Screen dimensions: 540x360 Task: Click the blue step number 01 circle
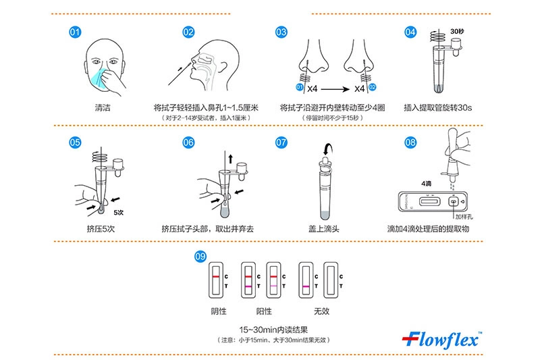click(x=75, y=32)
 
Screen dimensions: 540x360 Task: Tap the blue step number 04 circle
click(x=410, y=32)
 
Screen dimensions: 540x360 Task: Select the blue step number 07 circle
click(x=281, y=143)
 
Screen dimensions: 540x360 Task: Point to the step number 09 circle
click(x=200, y=256)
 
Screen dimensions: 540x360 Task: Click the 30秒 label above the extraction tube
click(x=457, y=31)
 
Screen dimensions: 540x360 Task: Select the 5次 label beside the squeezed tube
click(x=119, y=213)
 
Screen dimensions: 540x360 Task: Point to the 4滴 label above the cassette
click(x=427, y=184)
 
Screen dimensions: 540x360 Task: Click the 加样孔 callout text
click(x=464, y=217)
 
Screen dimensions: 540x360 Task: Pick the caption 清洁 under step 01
click(x=103, y=108)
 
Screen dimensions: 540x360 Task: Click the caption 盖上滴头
click(x=323, y=229)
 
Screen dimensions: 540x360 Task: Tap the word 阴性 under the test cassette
click(x=219, y=311)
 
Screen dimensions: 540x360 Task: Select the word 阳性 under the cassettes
click(x=264, y=311)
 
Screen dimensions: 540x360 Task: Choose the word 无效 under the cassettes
click(x=321, y=311)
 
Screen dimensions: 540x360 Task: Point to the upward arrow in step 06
click(x=230, y=159)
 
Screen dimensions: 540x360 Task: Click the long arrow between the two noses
click(x=335, y=89)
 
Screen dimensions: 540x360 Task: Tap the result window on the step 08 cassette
click(x=429, y=201)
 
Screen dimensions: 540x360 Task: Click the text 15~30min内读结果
click(x=273, y=330)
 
